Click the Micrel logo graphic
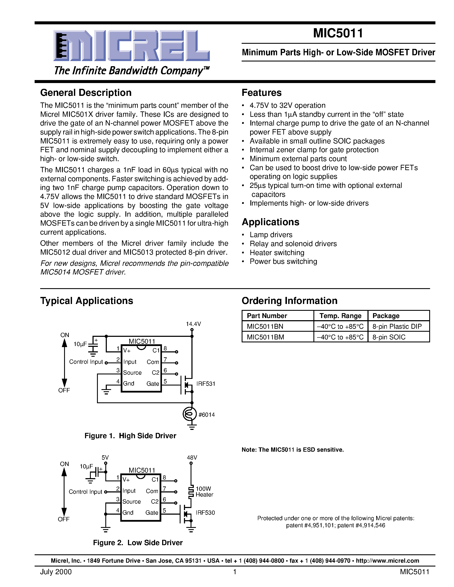click(x=132, y=45)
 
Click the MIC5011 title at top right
click(x=338, y=33)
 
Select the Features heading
click(x=262, y=93)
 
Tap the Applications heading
click(x=270, y=222)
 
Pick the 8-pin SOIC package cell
click(x=389, y=337)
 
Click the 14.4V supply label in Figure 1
click(x=193, y=324)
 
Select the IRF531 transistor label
click(x=206, y=384)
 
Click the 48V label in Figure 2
click(x=192, y=457)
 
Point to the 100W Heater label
click(x=204, y=492)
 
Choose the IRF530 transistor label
click(x=205, y=513)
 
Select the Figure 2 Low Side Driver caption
click(x=138, y=543)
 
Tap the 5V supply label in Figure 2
click(x=105, y=457)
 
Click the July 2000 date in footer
click(x=56, y=572)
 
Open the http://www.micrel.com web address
click(x=387, y=561)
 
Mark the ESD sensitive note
click(x=293, y=450)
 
